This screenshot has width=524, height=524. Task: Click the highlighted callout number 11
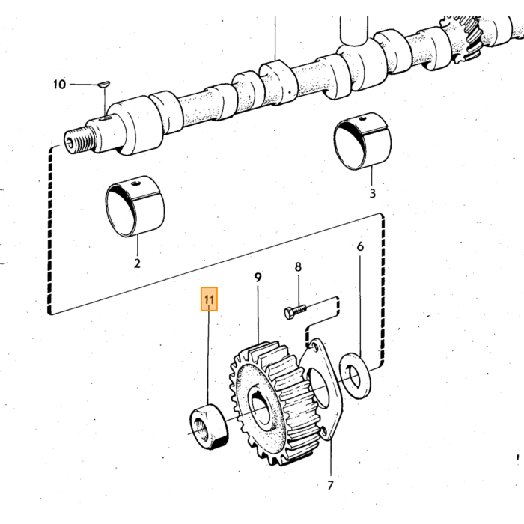coord(209,299)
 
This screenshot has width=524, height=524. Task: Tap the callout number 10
coord(59,84)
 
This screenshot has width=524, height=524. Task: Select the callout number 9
coord(258,278)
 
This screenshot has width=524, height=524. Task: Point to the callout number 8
coord(298,267)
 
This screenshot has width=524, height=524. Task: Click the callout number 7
coord(330,485)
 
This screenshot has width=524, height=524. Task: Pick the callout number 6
coord(360,246)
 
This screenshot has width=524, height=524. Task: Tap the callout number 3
coord(373,193)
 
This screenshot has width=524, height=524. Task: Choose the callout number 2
coord(137,263)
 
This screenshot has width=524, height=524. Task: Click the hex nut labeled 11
coord(209,427)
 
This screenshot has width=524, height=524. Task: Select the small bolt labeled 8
coord(296,311)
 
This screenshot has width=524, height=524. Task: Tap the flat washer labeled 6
coord(355,375)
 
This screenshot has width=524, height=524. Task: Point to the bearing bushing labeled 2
coord(135,207)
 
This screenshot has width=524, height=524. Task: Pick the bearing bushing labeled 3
coord(362,141)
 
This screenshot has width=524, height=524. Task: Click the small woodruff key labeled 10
coord(104,84)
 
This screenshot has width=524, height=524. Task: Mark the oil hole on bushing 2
coord(135,183)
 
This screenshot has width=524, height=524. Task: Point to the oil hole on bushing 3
coord(363,118)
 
